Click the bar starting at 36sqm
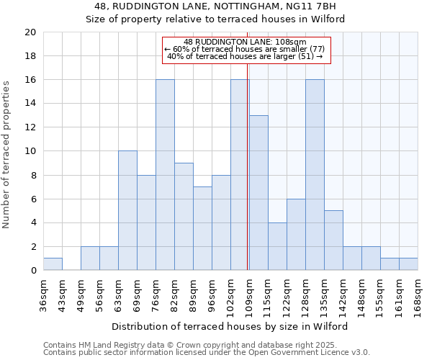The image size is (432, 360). tap(53, 264)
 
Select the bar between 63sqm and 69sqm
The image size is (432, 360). tap(127, 211)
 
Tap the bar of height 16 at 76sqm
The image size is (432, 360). tap(165, 175)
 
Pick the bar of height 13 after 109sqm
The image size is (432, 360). tap(258, 193)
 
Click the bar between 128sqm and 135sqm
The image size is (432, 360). tap(315, 175)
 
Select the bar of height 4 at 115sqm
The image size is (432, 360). tap(277, 246)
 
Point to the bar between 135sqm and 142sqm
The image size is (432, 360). tap(333, 240)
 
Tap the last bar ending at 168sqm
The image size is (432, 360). tap(408, 264)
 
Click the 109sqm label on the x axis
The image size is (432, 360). tap(249, 294)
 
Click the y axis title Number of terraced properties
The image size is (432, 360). tap(6, 154)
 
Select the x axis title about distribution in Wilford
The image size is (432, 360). tap(230, 326)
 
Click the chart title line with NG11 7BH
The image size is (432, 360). tap(215, 6)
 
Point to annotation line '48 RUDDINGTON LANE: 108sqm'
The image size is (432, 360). tap(245, 42)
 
